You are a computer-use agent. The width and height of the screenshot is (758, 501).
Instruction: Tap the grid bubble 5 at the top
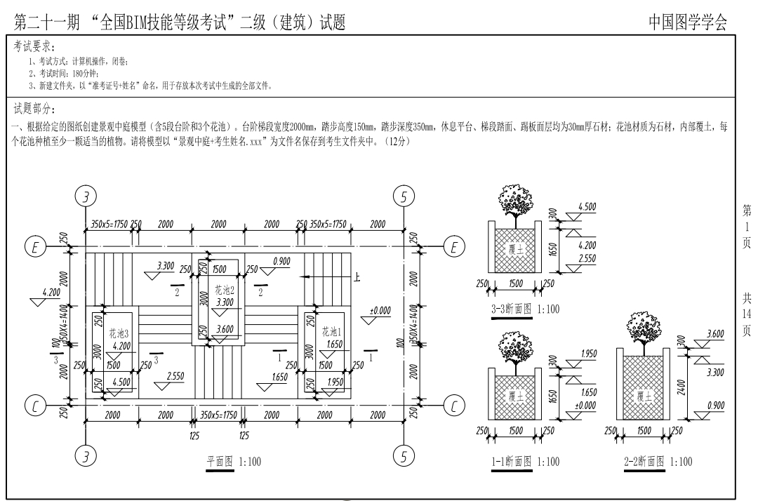(x=404, y=196)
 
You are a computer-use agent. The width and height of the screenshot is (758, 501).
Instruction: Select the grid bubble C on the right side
(x=455, y=406)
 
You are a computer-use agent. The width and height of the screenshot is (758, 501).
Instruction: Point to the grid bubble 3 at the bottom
(x=86, y=457)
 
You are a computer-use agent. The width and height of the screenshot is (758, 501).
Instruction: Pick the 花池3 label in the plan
(x=119, y=333)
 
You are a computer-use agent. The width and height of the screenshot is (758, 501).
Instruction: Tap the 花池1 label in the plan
(x=330, y=330)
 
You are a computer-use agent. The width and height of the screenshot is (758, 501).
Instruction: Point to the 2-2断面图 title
(x=658, y=461)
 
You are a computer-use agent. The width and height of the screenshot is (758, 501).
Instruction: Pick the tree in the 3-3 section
(x=515, y=201)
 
